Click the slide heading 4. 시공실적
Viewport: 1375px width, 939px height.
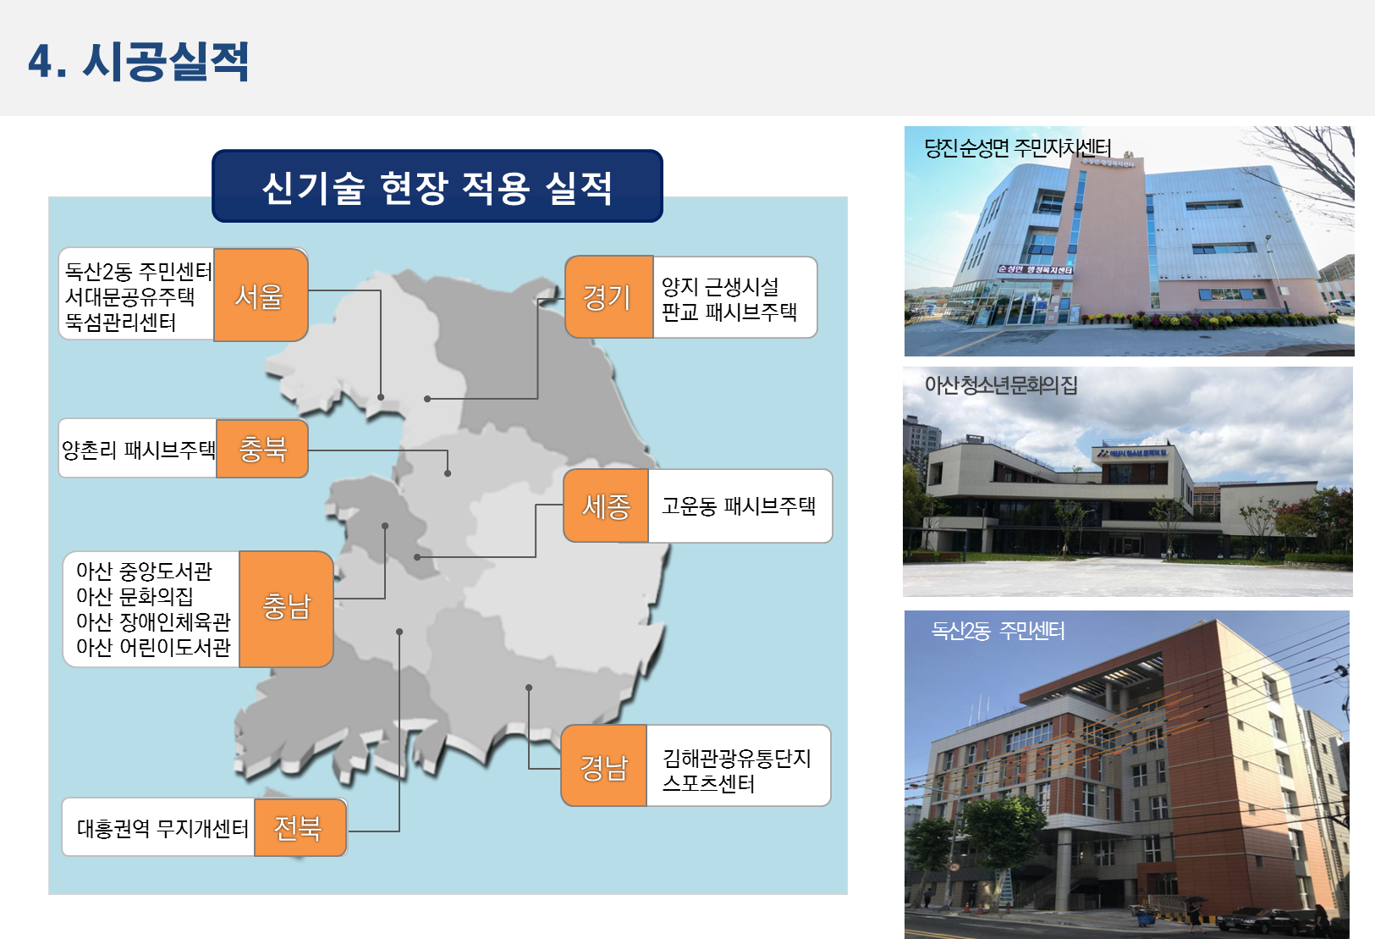138,61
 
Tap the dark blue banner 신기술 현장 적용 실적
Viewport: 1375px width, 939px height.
437,186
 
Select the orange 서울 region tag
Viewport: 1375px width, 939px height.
261,295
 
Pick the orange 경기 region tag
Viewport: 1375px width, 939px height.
608,297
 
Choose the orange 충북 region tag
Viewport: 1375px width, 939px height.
262,449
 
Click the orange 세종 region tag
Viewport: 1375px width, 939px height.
606,506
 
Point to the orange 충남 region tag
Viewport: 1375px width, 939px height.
286,609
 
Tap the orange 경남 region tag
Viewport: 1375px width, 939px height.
604,765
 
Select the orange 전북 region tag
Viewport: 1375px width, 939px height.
300,827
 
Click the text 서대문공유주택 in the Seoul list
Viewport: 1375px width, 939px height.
129,296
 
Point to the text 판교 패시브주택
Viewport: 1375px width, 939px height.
729,312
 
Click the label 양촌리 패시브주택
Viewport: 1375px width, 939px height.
138,450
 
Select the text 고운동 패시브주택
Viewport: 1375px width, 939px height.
739,506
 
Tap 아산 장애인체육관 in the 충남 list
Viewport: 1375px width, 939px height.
153,621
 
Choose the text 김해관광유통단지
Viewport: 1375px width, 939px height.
737,759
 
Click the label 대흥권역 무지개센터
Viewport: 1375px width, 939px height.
162,828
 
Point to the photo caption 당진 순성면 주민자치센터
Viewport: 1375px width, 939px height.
1018,148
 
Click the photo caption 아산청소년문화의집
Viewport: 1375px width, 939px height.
1001,385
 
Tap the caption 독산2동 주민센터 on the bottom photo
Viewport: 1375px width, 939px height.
998,631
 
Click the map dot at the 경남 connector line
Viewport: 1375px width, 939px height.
529,688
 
